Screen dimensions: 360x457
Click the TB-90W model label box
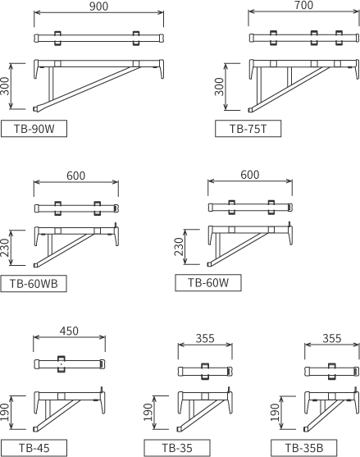34,129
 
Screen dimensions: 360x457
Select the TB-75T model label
248,129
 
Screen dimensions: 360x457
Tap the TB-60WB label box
34,283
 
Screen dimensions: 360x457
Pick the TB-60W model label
208,282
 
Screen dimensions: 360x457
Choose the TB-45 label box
34,448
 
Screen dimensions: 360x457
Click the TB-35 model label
177,448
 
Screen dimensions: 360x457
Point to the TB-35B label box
303,448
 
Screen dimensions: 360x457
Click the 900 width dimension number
98,6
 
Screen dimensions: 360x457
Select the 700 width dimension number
303,5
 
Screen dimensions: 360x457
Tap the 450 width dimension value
69,331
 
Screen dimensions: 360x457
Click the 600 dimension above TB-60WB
76,176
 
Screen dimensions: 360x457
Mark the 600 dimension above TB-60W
250,175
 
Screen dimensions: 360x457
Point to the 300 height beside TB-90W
5,86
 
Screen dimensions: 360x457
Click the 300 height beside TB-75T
219,87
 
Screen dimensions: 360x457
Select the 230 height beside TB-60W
179,247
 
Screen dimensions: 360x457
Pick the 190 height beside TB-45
5,412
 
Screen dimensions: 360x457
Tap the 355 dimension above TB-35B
332,338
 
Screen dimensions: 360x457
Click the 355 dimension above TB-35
205,338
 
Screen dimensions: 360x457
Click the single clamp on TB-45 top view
62,364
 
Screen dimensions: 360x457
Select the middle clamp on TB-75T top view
314,38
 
